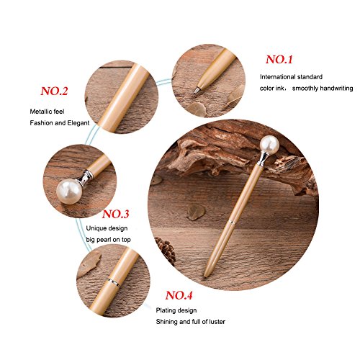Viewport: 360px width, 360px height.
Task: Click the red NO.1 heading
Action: (x=279, y=60)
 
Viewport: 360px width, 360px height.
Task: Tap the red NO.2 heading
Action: (x=54, y=91)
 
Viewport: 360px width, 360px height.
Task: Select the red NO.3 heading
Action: (x=115, y=214)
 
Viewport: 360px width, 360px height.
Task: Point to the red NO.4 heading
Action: (x=179, y=295)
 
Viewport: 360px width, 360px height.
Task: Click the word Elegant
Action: (x=78, y=123)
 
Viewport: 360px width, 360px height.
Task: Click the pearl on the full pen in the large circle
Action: (x=270, y=145)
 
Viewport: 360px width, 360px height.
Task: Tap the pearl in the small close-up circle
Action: (x=69, y=192)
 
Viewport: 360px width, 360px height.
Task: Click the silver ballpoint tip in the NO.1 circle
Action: (x=197, y=90)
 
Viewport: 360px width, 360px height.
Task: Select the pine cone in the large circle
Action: (x=166, y=250)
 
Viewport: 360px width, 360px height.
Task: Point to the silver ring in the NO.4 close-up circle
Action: (x=114, y=282)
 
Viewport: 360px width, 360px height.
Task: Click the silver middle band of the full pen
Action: (x=232, y=221)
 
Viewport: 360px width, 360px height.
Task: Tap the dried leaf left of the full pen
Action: (x=197, y=212)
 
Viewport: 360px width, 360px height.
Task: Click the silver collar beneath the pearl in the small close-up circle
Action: (x=85, y=177)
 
